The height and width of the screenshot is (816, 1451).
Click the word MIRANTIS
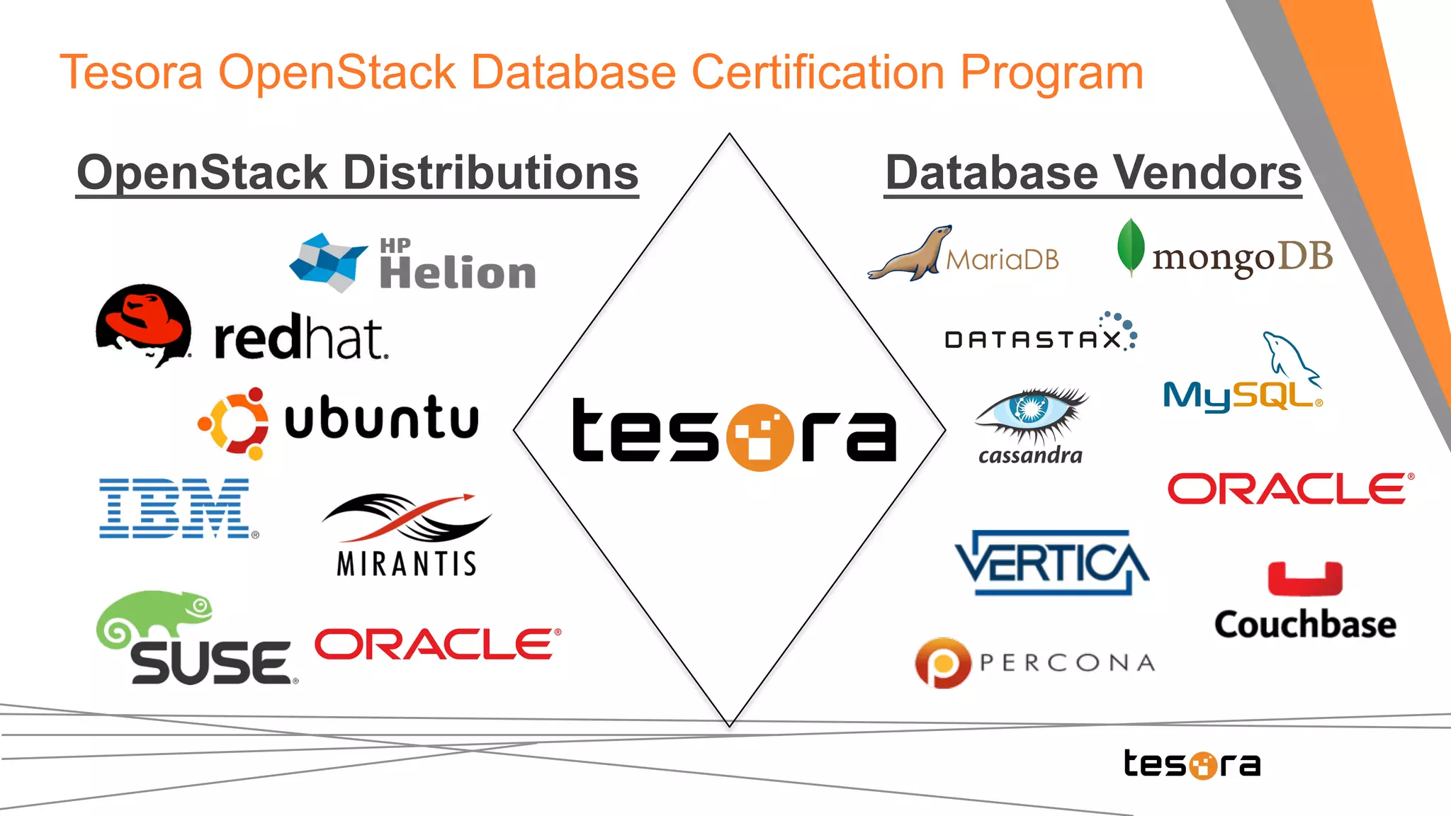click(407, 564)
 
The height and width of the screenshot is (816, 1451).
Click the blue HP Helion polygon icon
click(327, 262)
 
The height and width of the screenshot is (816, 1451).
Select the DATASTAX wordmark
click(1034, 340)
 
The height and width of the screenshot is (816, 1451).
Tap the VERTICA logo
click(1051, 562)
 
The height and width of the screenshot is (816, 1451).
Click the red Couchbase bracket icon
click(1304, 579)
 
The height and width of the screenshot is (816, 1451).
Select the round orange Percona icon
click(942, 663)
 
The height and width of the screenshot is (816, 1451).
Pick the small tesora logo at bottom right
click(1192, 764)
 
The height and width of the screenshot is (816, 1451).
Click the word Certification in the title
click(818, 73)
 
